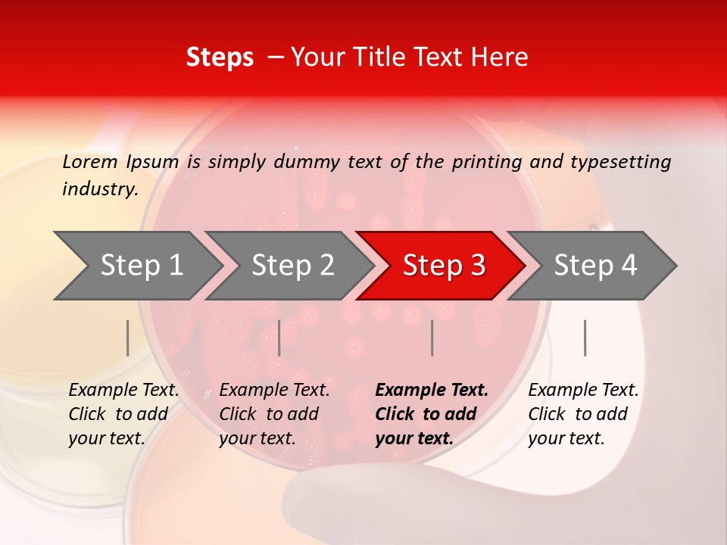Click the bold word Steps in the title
click(220, 58)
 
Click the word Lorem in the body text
click(90, 161)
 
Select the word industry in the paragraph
click(99, 189)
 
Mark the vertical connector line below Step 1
click(128, 338)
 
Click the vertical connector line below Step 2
click(279, 338)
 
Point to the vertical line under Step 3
click(432, 338)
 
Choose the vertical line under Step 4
click(585, 338)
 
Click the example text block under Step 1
click(123, 414)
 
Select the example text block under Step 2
click(273, 414)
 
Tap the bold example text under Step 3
click(431, 414)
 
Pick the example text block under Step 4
click(582, 414)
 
